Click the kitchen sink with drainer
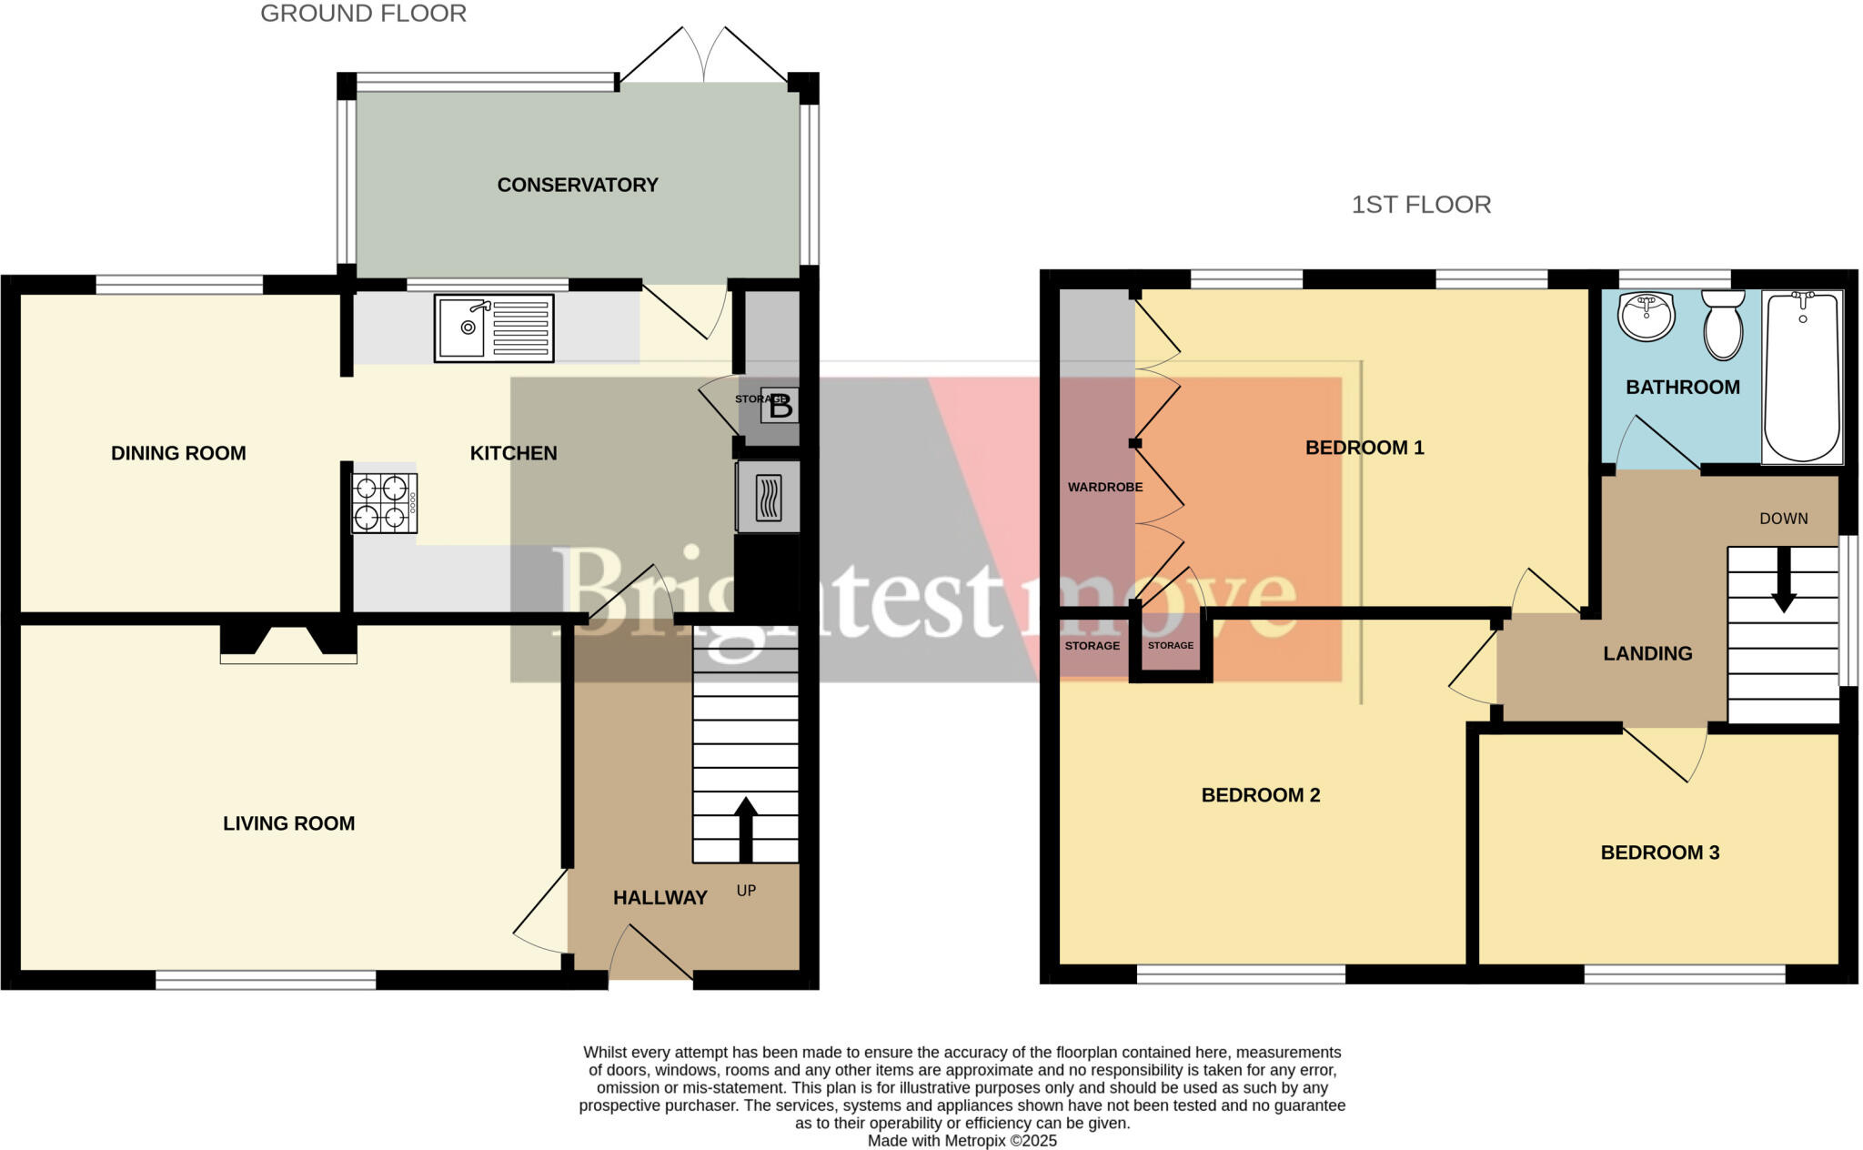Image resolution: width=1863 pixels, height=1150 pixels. pyautogui.click(x=494, y=328)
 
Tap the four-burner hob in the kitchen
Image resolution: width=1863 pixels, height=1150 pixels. pyautogui.click(x=385, y=503)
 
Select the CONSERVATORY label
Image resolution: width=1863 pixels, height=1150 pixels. pyautogui.click(x=578, y=185)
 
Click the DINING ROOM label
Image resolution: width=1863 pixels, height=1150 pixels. pyautogui.click(x=178, y=453)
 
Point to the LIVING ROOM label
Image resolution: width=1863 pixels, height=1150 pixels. pyautogui.click(x=288, y=823)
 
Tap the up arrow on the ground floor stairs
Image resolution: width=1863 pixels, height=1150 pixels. pyautogui.click(x=746, y=828)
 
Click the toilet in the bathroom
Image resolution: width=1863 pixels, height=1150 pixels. pyautogui.click(x=1723, y=325)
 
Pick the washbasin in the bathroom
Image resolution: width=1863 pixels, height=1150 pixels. pyautogui.click(x=1646, y=316)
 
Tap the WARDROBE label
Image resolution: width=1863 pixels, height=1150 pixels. pyautogui.click(x=1105, y=488)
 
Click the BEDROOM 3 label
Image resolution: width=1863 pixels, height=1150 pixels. pyautogui.click(x=1659, y=852)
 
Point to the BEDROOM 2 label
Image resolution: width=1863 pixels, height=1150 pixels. pyautogui.click(x=1260, y=795)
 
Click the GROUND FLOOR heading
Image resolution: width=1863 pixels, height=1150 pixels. pyautogui.click(x=363, y=14)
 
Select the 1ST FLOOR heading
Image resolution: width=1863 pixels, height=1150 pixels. pyautogui.click(x=1421, y=205)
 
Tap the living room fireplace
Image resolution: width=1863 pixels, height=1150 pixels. pyautogui.click(x=288, y=641)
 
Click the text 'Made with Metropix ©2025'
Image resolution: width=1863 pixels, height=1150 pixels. pyautogui.click(x=962, y=1141)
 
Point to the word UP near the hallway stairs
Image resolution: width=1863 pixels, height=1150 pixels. pyautogui.click(x=746, y=891)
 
